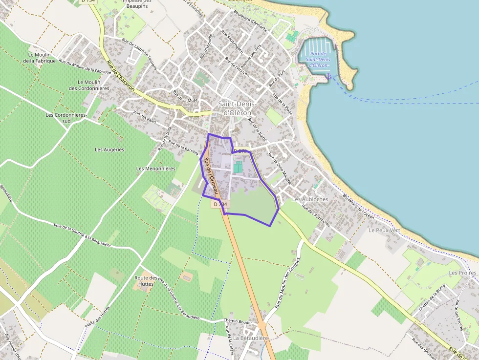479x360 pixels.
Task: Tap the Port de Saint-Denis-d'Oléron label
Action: (x=318, y=60)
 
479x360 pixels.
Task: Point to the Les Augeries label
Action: (x=109, y=149)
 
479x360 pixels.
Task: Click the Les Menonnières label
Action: (x=155, y=169)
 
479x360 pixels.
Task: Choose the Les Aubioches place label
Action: (x=310, y=199)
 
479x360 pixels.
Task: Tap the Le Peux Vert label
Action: (x=384, y=230)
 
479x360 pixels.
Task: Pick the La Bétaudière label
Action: (x=251, y=338)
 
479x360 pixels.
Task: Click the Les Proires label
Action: (x=462, y=273)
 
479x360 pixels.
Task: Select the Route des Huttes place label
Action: (x=146, y=280)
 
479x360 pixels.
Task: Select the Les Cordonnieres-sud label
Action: (x=66, y=118)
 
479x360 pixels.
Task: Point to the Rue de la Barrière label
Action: (x=183, y=146)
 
